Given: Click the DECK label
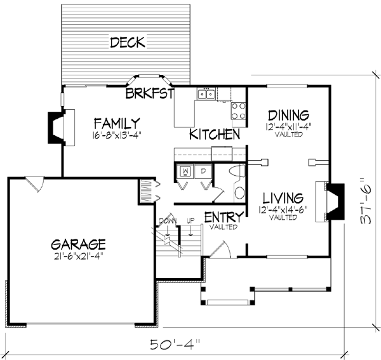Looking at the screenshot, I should tap(128, 43).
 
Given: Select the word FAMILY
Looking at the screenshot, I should tap(117, 122).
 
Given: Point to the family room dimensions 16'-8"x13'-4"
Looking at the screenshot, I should tap(117, 135).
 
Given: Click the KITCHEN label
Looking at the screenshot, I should tap(215, 135).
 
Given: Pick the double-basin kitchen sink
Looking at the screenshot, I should tap(205, 95).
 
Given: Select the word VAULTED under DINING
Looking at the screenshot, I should tap(288, 135).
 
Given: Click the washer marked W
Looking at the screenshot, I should tap(186, 171).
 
